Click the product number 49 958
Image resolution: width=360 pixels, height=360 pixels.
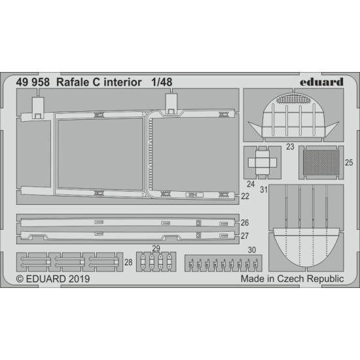pos(35,83)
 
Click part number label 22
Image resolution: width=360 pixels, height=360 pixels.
pos(244,195)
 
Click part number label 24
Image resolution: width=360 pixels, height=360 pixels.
pos(251,184)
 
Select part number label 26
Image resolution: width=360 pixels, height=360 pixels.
pos(244,222)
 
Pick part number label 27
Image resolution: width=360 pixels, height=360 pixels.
pos(244,236)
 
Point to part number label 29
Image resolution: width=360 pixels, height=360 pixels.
pos(155,248)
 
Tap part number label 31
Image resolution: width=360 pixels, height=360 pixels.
pos(264,190)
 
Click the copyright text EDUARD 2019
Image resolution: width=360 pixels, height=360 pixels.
pos(54,278)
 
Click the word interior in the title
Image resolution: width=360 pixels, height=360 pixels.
pos(122,83)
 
